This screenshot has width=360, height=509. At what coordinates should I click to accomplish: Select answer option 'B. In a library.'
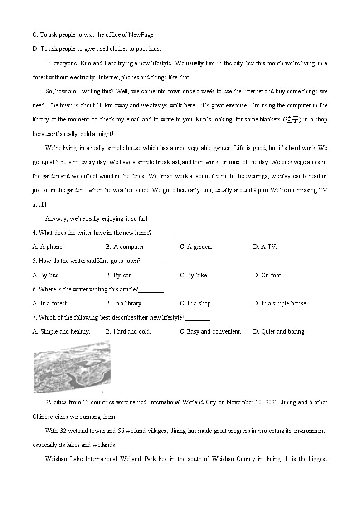124,303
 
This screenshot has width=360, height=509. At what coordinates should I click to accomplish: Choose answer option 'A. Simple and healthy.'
61,331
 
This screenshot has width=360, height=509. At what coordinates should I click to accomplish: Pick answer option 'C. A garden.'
196,247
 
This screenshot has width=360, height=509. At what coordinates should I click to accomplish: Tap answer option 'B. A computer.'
126,247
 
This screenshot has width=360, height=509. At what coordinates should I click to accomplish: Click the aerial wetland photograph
72,367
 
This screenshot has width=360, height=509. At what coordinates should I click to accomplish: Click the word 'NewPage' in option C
141,34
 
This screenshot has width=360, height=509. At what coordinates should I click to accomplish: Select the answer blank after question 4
165,233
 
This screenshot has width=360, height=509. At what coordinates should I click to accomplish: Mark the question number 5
34,261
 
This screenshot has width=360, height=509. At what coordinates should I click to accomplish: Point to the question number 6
34,289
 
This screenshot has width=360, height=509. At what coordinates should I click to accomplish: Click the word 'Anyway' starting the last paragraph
56,219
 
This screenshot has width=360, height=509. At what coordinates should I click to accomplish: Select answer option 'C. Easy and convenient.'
210,331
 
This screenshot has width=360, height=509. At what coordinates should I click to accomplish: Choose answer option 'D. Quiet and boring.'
279,331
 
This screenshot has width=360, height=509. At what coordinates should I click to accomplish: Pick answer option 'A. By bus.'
46,275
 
